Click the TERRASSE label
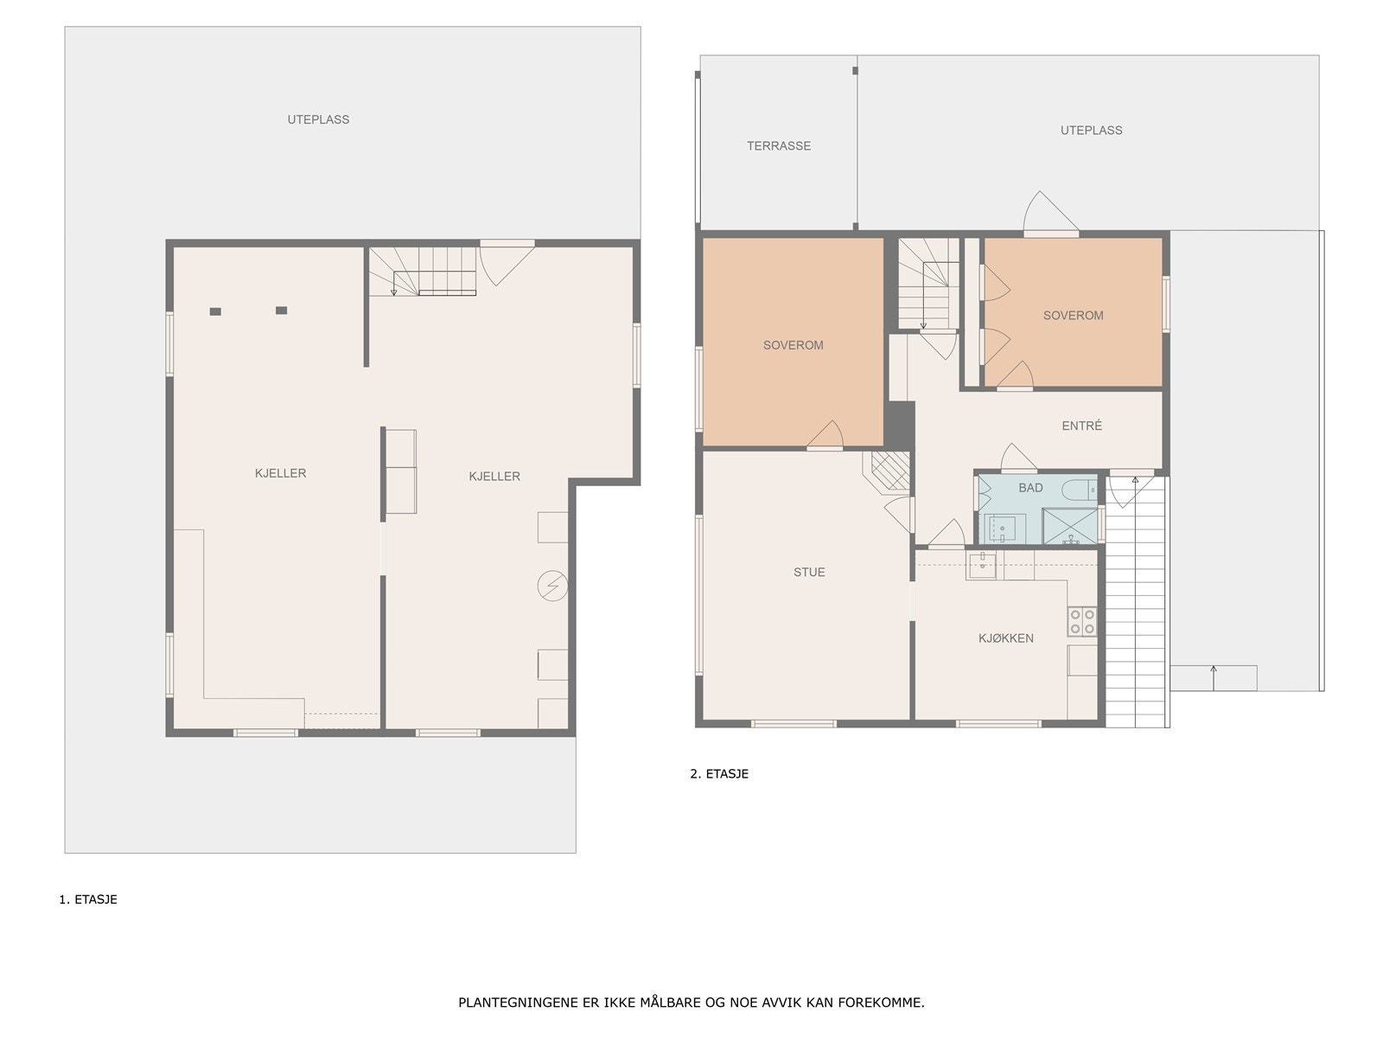pyautogui.click(x=779, y=146)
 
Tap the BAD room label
pyautogui.click(x=1030, y=488)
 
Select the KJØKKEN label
pyautogui.click(x=1005, y=638)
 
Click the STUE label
pyautogui.click(x=809, y=572)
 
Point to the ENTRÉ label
pyautogui.click(x=1081, y=426)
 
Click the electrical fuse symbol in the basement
pyautogui.click(x=551, y=586)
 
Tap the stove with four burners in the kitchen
pyautogui.click(x=1082, y=621)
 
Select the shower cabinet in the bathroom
pyautogui.click(x=1069, y=526)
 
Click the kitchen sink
pyautogui.click(x=981, y=567)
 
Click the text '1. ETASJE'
pyautogui.click(x=88, y=900)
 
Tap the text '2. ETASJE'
pyautogui.click(x=719, y=774)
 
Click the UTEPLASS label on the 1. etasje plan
pyautogui.click(x=318, y=119)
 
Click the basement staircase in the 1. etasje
pyautogui.click(x=424, y=271)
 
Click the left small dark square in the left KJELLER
pyautogui.click(x=215, y=311)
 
